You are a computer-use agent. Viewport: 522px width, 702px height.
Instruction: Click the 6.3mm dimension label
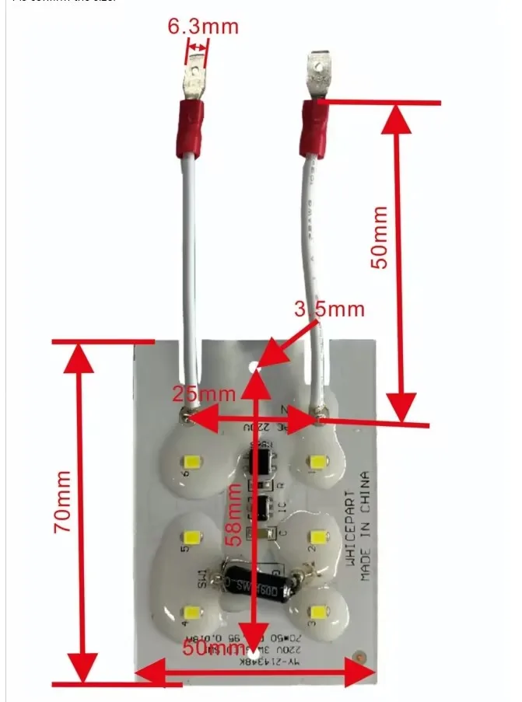tap(203, 26)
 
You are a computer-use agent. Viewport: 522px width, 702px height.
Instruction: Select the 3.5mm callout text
tap(329, 309)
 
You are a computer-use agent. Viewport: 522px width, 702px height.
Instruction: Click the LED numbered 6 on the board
tap(191, 461)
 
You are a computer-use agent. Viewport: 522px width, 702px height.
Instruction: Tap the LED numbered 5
tap(191, 536)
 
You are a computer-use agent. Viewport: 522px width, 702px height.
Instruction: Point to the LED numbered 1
tap(316, 462)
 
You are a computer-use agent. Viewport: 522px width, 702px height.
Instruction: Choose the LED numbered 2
tap(316, 536)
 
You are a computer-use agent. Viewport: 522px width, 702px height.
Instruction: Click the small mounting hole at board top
tap(253, 363)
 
